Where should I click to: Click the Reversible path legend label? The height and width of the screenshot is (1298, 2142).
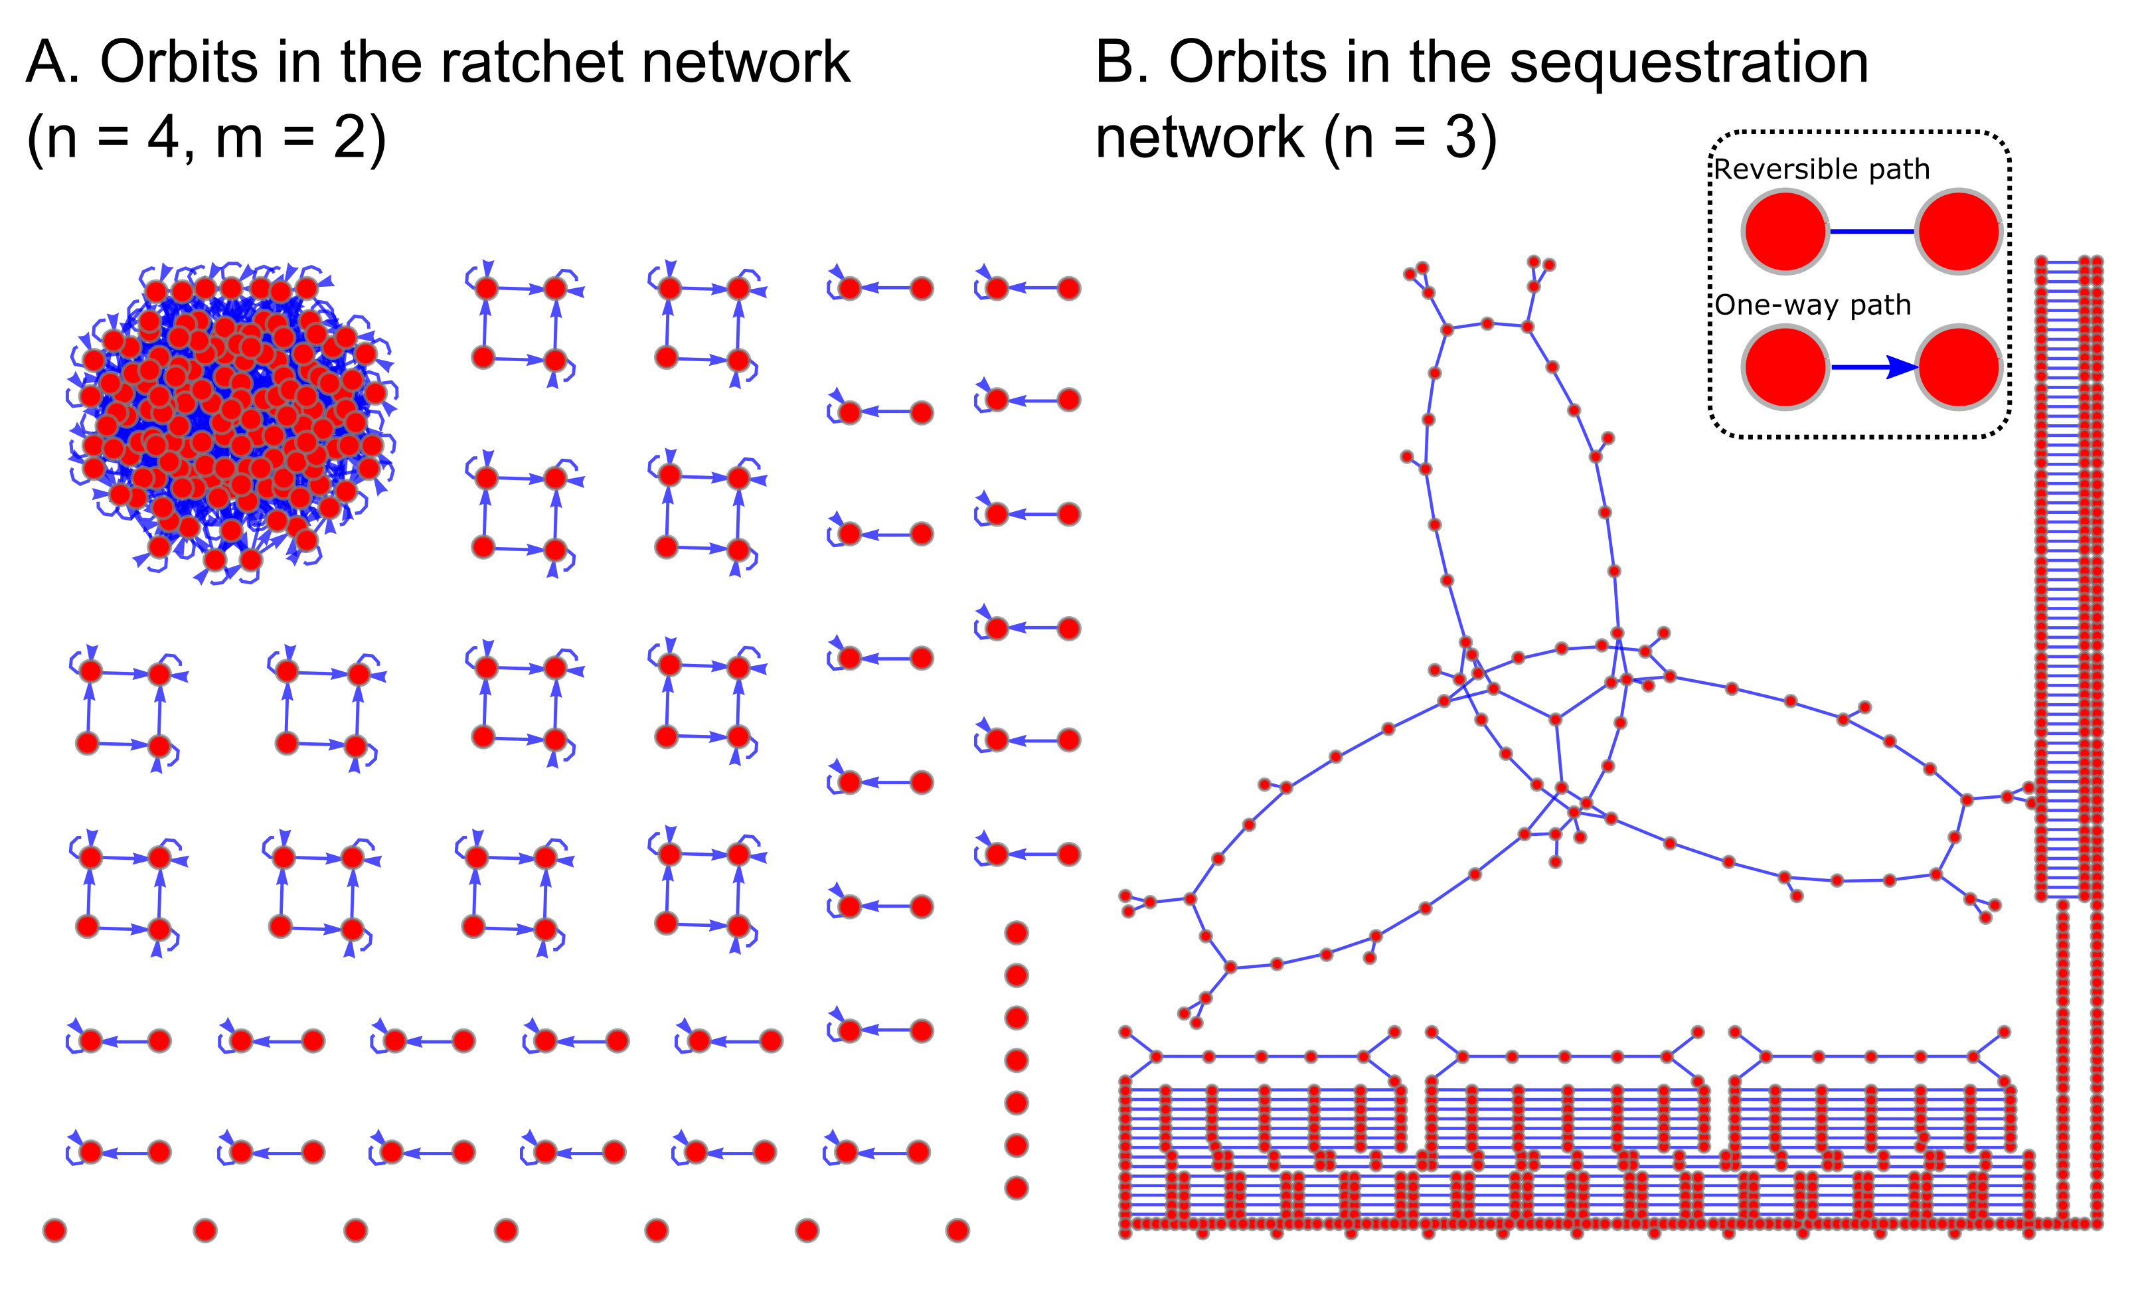click(x=1821, y=169)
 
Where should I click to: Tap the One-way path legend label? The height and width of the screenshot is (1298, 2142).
click(x=1813, y=305)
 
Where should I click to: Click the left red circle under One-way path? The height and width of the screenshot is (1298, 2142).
click(x=1785, y=368)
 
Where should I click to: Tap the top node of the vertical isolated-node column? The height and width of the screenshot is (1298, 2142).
click(x=1017, y=933)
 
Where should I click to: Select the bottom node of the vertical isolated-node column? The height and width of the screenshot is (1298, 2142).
click(x=1017, y=1188)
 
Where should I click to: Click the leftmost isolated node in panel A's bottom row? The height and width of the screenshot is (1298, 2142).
click(x=54, y=1230)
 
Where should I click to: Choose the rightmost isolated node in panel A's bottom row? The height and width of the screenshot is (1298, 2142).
click(x=957, y=1230)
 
